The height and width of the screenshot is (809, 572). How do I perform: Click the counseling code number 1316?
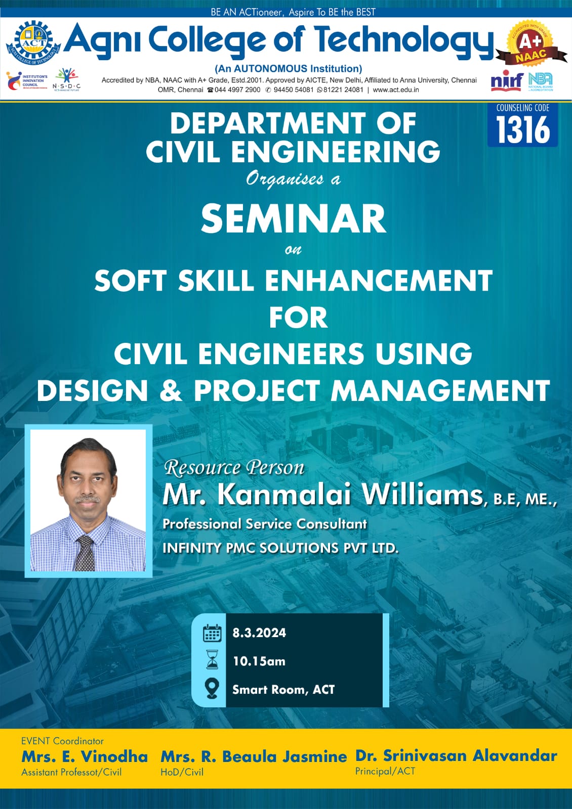(523, 129)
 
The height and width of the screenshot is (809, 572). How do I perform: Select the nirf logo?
(507, 81)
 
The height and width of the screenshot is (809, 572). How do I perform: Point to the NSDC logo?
(66, 80)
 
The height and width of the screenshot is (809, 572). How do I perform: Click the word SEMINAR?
(293, 219)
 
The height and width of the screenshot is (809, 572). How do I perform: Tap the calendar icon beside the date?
(212, 633)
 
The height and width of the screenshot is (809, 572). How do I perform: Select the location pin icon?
(212, 688)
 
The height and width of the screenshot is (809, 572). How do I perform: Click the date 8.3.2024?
(259, 633)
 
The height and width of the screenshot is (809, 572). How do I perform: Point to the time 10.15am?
(259, 661)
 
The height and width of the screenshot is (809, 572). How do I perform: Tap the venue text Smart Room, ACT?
(283, 690)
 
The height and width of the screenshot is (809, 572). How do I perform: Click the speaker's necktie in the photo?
(85, 553)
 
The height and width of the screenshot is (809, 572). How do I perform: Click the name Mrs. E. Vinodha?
(85, 756)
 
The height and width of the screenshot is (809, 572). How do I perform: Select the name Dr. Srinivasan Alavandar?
(456, 755)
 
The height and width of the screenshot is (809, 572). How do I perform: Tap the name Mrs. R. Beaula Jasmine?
(254, 756)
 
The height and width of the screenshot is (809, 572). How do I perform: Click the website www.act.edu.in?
(396, 90)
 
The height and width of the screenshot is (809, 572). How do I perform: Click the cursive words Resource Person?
(234, 468)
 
